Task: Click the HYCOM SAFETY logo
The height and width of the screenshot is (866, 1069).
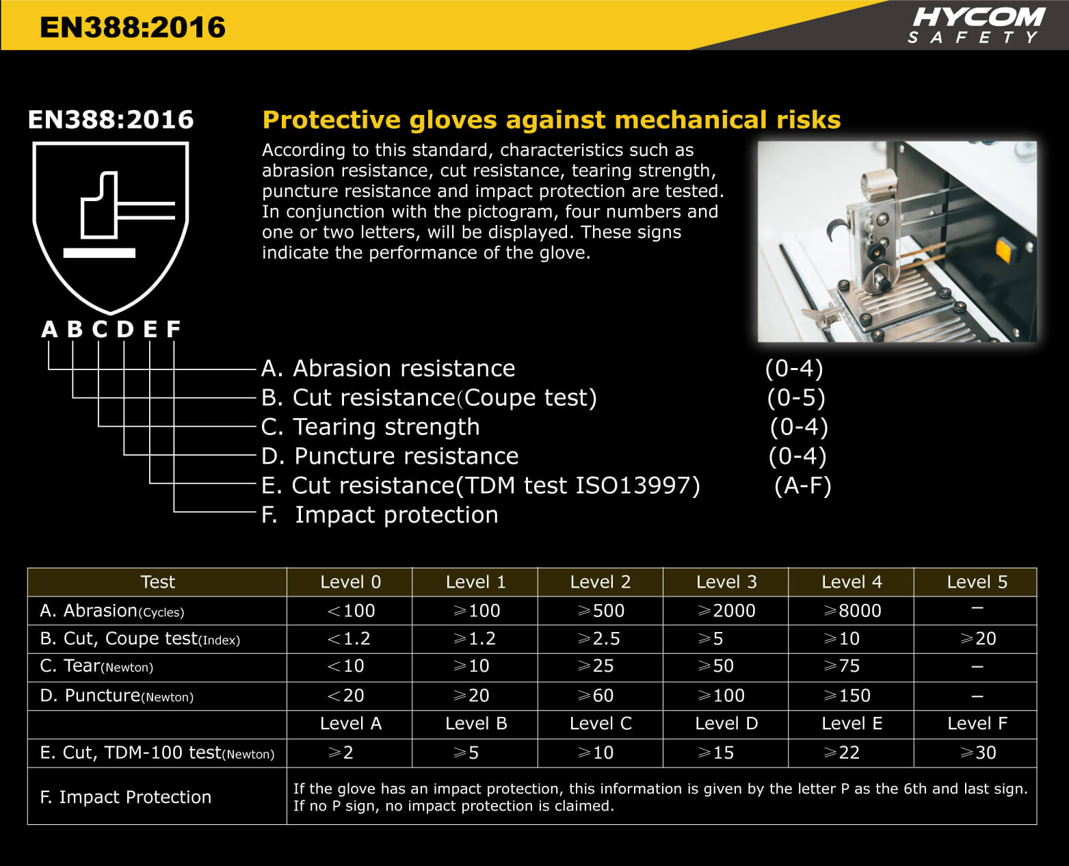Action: tap(976, 25)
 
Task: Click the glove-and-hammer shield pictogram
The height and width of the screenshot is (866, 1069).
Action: tap(110, 226)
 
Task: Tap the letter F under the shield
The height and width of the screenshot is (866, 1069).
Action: tap(173, 330)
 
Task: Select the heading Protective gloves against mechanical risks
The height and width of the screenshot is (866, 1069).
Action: tap(551, 120)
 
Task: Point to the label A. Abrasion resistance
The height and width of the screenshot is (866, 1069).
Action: tap(388, 369)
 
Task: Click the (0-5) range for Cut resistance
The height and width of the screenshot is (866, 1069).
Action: tap(795, 397)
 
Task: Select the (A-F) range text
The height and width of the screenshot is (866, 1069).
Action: tap(802, 486)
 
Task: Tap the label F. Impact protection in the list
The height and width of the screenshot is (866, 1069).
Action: tap(380, 514)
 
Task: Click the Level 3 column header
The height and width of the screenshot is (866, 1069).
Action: tap(726, 582)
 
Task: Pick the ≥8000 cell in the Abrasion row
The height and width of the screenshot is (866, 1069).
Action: tap(852, 611)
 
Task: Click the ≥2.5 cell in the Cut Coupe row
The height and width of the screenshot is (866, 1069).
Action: tap(599, 639)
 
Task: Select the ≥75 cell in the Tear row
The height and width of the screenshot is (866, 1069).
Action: tap(842, 666)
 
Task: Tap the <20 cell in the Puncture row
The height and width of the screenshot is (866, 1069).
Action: tap(346, 696)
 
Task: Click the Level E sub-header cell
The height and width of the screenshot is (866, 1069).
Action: tap(852, 724)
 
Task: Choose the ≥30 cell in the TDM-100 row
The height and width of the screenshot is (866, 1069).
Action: tap(977, 753)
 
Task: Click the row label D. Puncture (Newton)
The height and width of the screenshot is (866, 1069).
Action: tap(117, 696)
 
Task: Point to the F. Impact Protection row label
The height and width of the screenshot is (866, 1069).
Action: tap(126, 797)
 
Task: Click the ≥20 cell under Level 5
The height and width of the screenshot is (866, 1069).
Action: tap(977, 639)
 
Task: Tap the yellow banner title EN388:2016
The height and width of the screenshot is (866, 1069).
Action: tap(133, 27)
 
